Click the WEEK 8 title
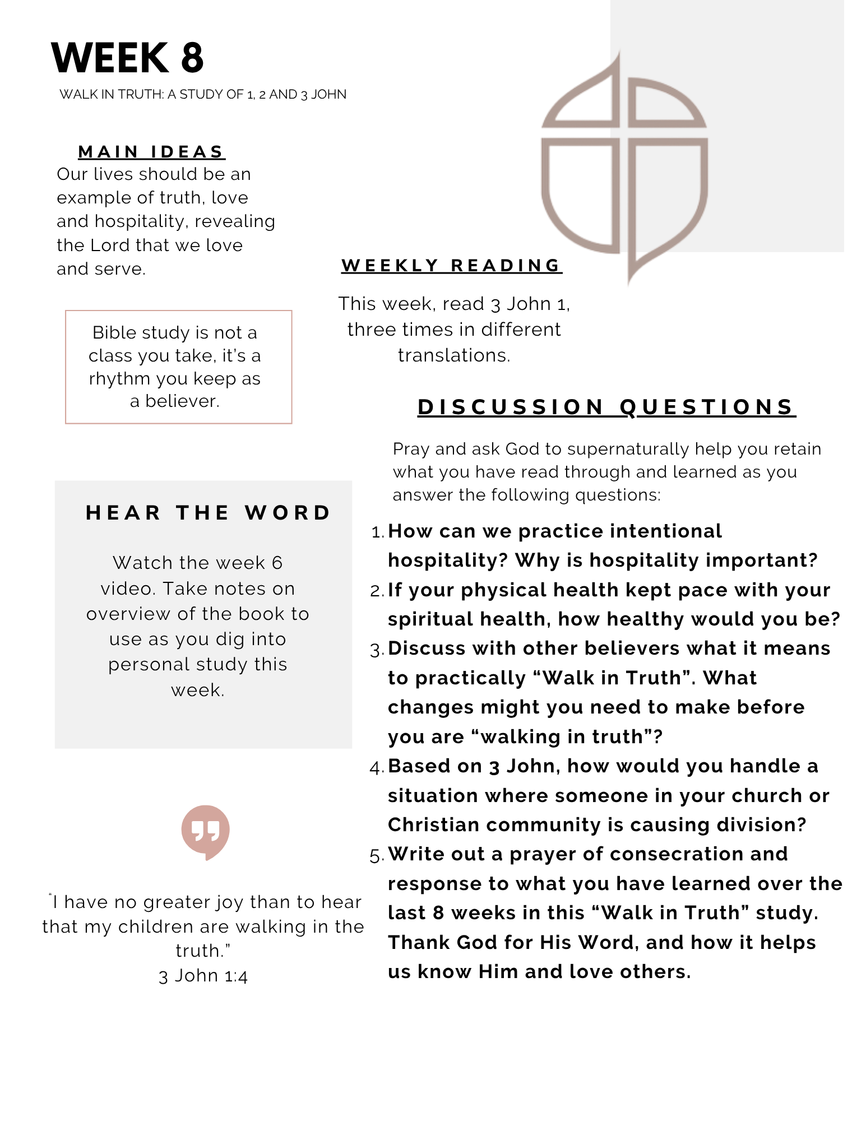(x=127, y=58)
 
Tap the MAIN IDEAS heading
(x=151, y=152)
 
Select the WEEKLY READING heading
(x=451, y=265)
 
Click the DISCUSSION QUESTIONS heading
(x=606, y=407)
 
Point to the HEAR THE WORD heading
(x=209, y=513)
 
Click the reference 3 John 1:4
(x=203, y=976)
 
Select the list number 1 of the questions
(x=377, y=532)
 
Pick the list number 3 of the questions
(x=376, y=650)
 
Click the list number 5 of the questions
(x=376, y=855)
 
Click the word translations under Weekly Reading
(x=453, y=355)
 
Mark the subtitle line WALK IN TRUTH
(x=203, y=94)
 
